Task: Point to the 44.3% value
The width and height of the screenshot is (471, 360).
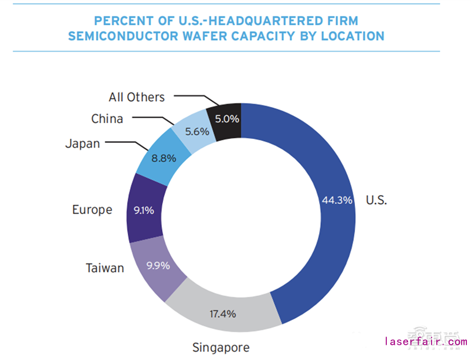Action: click(x=337, y=200)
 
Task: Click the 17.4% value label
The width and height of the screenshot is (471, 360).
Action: click(x=223, y=314)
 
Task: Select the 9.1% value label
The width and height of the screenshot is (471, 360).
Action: click(x=144, y=209)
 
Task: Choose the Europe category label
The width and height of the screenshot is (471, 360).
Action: click(x=92, y=209)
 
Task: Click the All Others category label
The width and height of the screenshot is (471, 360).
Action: click(x=137, y=96)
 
